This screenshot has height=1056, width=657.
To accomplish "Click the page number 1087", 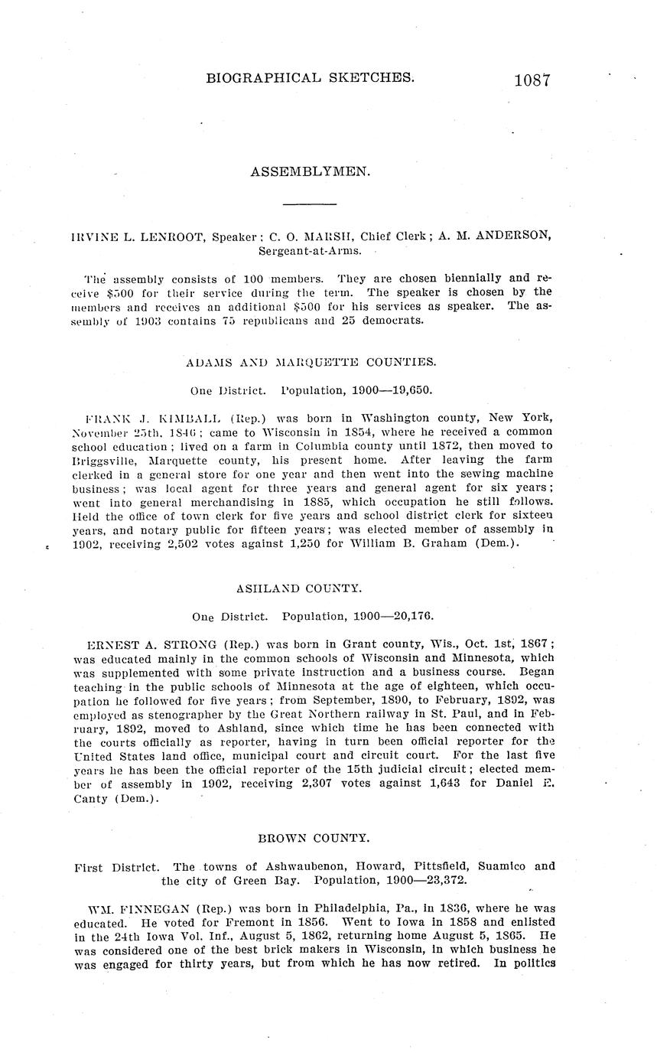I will pos(532,80).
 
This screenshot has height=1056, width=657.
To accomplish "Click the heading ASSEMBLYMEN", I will pos(310,172).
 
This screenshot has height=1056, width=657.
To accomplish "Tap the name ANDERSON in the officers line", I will pos(512,236).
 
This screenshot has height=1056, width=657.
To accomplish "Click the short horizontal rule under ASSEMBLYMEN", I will pos(310,204).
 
